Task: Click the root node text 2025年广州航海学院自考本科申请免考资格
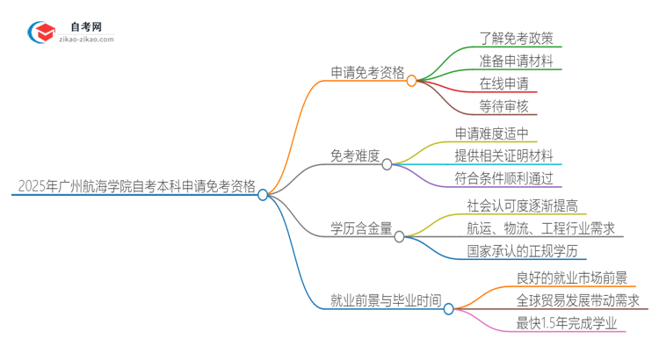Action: [x=136, y=186]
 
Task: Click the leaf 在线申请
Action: [x=503, y=84]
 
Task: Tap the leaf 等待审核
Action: [x=503, y=107]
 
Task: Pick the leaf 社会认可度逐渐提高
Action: [x=522, y=205]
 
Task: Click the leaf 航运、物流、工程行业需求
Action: [x=540, y=228]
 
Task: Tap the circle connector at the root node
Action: [x=263, y=195]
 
